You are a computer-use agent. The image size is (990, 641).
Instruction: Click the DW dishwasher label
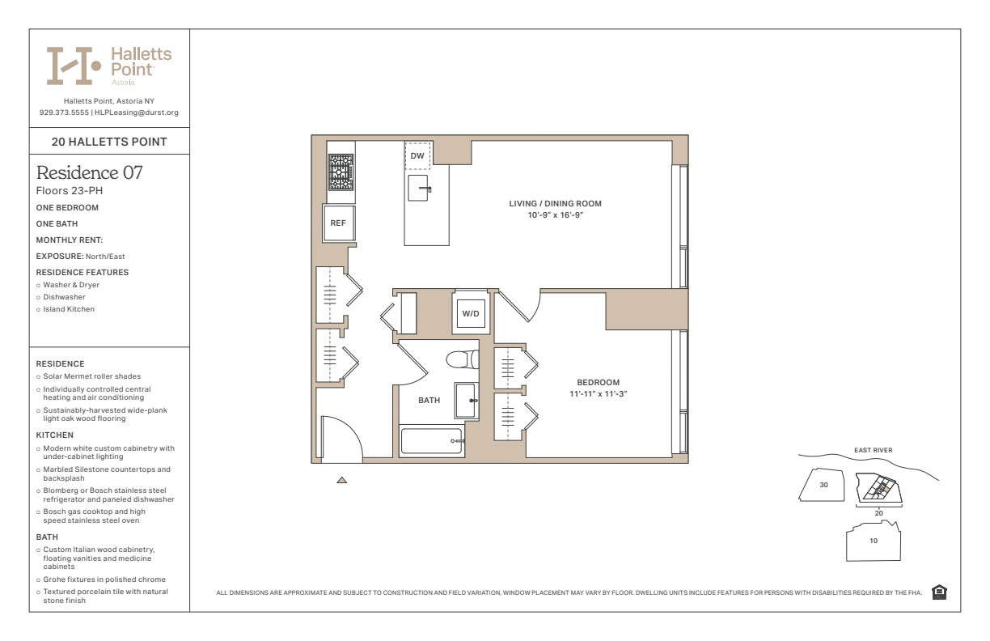[417, 155]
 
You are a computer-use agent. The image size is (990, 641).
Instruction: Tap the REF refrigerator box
[339, 223]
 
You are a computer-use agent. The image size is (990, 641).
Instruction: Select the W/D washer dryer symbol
[471, 313]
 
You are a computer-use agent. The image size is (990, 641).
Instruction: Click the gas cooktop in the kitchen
[341, 172]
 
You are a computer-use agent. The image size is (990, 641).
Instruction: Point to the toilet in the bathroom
[463, 359]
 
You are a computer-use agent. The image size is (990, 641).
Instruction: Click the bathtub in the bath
[431, 440]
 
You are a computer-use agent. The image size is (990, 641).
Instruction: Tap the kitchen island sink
[418, 188]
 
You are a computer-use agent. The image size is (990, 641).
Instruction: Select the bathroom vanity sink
[466, 401]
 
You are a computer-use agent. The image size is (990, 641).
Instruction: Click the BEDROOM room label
[598, 382]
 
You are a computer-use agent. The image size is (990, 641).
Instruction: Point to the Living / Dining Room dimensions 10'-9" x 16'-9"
[555, 215]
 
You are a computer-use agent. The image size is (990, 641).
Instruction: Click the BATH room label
[429, 401]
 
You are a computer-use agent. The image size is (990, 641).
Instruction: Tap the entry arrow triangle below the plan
[341, 480]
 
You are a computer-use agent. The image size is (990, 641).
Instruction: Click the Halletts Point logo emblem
[74, 66]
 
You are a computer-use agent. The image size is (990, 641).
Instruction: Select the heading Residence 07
[89, 172]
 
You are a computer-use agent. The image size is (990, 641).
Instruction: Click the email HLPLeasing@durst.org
[137, 112]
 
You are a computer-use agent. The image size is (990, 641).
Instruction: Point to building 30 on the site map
[822, 485]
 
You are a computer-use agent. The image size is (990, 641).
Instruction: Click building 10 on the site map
[874, 541]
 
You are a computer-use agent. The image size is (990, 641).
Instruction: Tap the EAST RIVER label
[873, 450]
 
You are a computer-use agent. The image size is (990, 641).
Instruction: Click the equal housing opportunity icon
[939, 592]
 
